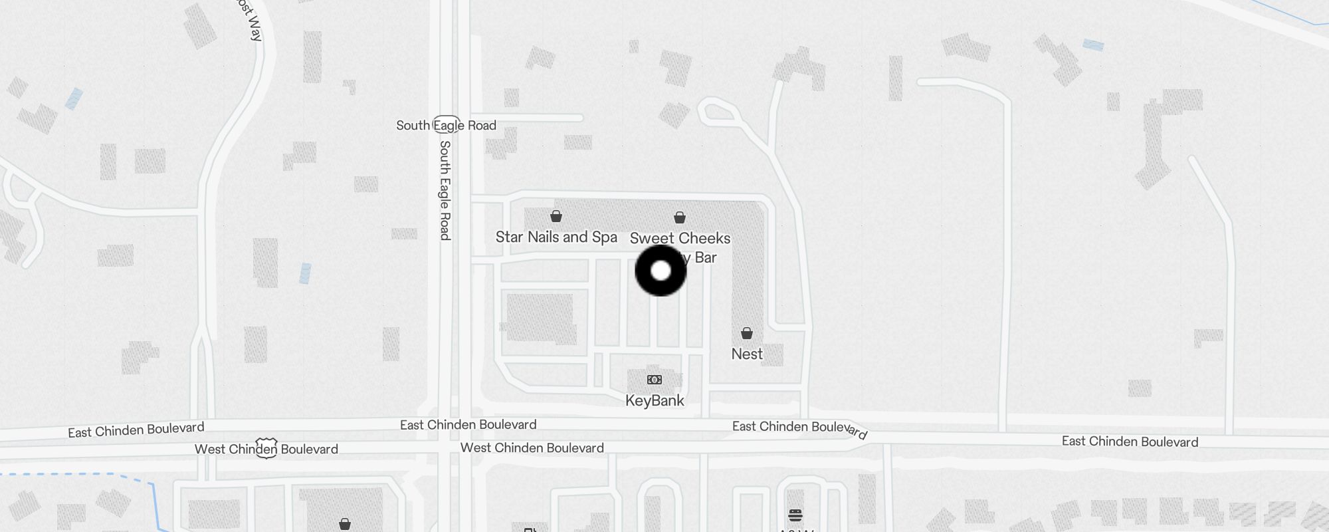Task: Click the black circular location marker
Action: (x=661, y=271)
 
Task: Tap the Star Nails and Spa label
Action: (x=556, y=237)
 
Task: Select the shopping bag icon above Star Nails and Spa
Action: (x=556, y=216)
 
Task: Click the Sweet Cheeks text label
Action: (x=680, y=238)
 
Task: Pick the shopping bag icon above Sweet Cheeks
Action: (x=680, y=217)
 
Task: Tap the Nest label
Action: (x=747, y=354)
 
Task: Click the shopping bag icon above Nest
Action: (x=747, y=332)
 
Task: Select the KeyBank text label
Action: (x=655, y=400)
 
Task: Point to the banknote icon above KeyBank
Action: (x=655, y=380)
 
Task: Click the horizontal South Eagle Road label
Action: (x=446, y=125)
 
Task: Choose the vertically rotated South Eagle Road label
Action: (x=445, y=190)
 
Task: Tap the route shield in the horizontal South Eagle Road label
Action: (x=447, y=124)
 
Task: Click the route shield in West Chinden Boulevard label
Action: (x=266, y=448)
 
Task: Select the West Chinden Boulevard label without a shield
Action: (x=532, y=448)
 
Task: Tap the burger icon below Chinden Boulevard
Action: (x=795, y=515)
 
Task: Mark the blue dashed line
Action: (x=80, y=474)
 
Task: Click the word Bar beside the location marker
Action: (x=705, y=257)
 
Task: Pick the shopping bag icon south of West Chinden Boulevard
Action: (x=345, y=524)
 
